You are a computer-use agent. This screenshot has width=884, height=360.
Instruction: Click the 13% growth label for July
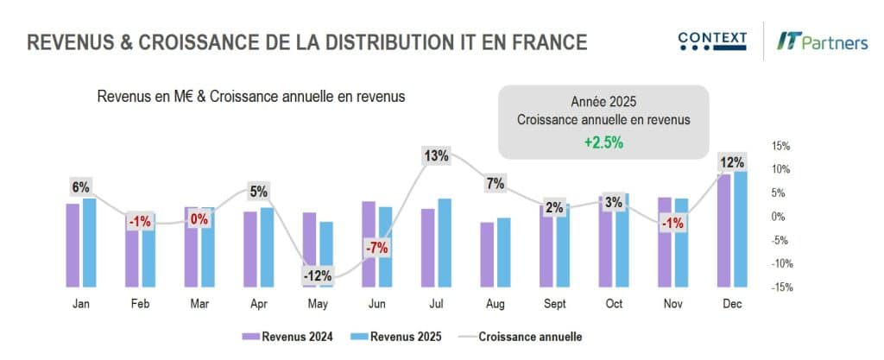pos(436,156)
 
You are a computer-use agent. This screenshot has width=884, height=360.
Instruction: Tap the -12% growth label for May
pos(317,276)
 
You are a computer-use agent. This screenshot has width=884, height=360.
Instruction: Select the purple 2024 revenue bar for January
pos(73,244)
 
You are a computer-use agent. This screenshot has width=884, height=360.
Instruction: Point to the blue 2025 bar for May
pos(326,253)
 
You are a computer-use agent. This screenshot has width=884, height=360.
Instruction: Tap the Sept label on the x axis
pos(554,303)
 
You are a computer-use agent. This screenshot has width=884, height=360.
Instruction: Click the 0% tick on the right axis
pos(779,217)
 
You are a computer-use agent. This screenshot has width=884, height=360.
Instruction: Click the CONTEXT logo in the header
pos(712,41)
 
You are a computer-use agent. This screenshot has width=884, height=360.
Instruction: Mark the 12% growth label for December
pos(731,163)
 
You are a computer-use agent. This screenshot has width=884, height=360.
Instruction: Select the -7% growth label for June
pos(376,249)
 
